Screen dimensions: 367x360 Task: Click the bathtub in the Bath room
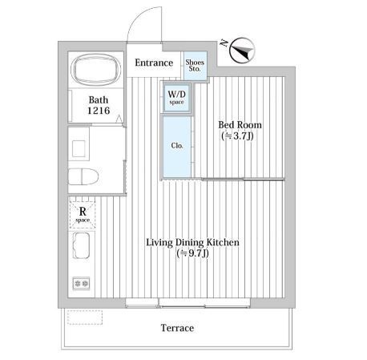95,69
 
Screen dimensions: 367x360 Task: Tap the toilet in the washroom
83,176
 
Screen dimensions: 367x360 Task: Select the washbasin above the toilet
79,148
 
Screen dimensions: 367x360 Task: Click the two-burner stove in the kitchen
81,283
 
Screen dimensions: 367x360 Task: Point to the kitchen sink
81,245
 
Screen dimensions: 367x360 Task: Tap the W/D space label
176,97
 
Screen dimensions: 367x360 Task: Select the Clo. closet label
177,146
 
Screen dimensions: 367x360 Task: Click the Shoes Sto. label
195,65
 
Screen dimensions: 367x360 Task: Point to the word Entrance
154,63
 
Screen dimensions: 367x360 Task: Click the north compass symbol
243,51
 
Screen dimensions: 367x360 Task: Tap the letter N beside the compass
224,42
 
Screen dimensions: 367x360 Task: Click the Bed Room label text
240,125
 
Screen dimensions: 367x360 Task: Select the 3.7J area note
237,136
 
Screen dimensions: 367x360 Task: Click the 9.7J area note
192,253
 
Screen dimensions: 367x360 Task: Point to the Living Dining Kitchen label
192,242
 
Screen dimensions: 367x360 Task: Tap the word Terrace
177,328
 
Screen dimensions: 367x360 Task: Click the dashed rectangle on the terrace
85,318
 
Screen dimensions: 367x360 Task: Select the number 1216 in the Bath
99,111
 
